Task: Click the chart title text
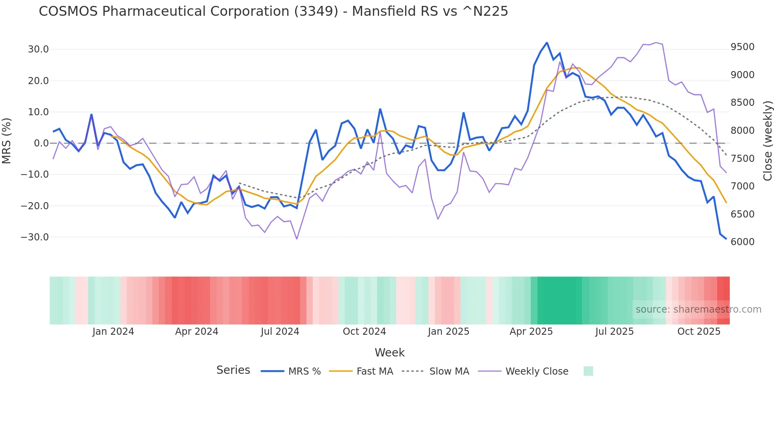[x=273, y=11]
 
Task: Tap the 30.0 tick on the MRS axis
[x=38, y=49]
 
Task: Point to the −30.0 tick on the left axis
[x=35, y=237]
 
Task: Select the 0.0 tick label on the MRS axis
[x=41, y=143]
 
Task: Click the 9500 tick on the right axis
[x=742, y=47]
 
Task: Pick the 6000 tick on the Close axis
[x=742, y=242]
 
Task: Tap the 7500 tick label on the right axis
[x=742, y=159]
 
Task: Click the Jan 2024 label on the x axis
[x=113, y=332]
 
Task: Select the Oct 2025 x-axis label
[x=699, y=332]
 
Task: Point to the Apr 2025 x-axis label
[x=531, y=332]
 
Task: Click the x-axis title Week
[x=389, y=352]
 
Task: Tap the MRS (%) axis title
[x=7, y=141]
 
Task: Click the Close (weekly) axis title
[x=767, y=141]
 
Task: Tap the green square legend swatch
[x=588, y=371]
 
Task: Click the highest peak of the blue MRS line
[x=547, y=43]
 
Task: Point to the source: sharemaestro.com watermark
[x=698, y=309]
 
